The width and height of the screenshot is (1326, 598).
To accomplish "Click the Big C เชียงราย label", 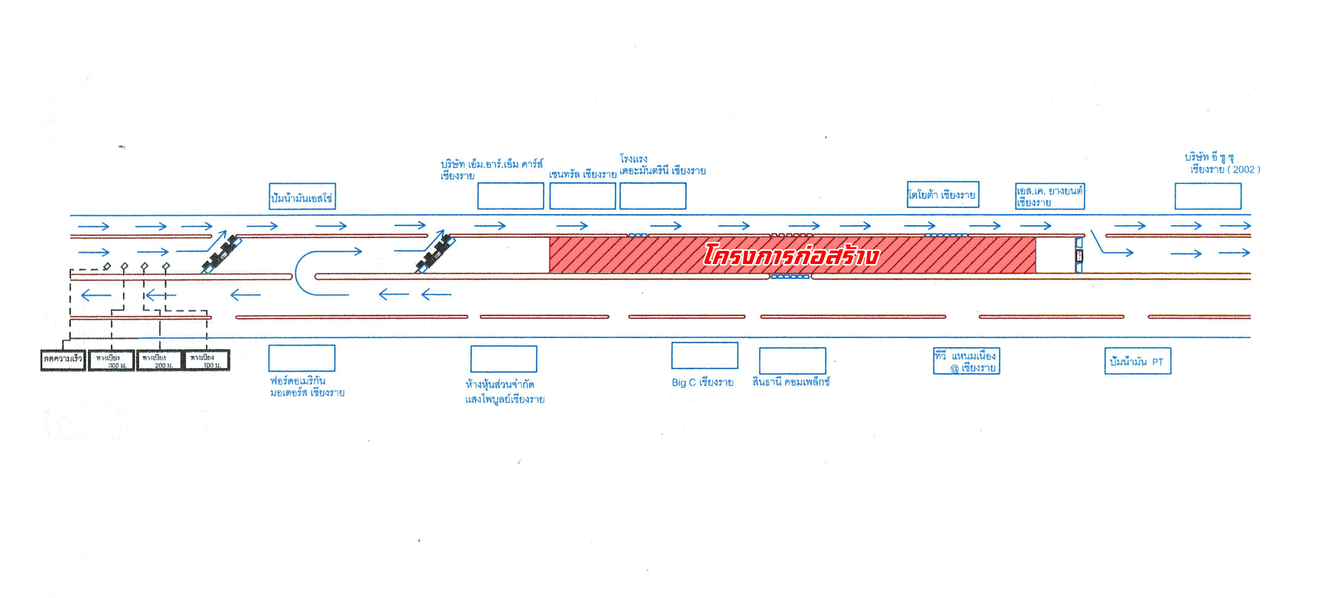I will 702,382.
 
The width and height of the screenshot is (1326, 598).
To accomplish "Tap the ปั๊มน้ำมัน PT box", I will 1138,361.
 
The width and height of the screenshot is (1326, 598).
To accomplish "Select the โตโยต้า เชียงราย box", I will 942,195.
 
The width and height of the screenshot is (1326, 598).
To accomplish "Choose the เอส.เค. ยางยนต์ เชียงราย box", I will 1050,196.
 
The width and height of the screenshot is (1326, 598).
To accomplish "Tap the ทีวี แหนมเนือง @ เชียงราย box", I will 966,361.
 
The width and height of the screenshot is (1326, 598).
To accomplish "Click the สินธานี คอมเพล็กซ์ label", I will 791,382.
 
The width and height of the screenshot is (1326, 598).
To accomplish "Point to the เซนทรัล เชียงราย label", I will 582,174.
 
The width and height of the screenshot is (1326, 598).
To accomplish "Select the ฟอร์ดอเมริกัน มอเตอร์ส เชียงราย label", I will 307,386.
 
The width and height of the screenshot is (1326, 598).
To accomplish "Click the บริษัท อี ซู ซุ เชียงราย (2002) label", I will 1221,163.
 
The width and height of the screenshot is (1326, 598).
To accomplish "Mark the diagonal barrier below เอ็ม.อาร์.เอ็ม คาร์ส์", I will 435,253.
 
